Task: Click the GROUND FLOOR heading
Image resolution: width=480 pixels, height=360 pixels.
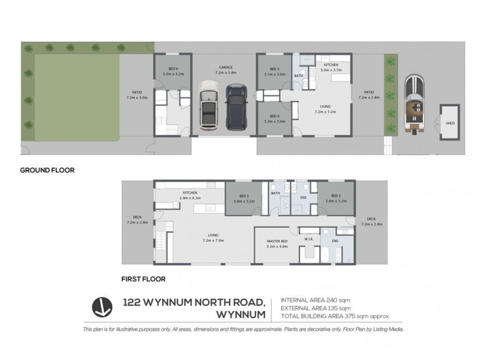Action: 47,170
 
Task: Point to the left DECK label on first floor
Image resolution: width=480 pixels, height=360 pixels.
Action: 137,220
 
